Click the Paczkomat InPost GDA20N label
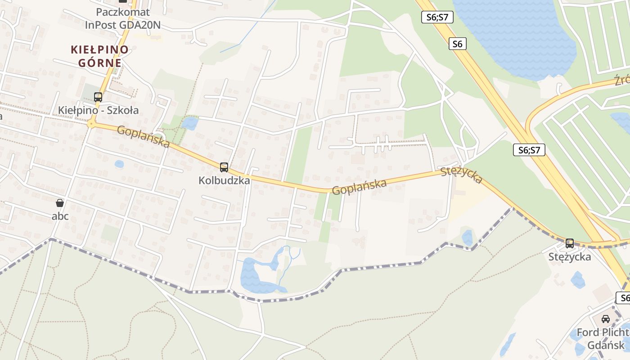click(122, 18)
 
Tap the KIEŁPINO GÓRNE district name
click(99, 56)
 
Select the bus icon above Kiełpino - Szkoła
click(98, 97)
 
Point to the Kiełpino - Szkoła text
click(98, 110)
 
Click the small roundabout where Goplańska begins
click(91, 123)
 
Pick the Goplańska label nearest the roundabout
click(143, 136)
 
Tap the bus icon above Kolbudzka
click(224, 167)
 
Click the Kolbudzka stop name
click(224, 180)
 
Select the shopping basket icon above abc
click(60, 203)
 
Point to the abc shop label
click(60, 216)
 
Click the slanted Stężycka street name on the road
click(462, 175)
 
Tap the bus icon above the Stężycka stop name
click(570, 243)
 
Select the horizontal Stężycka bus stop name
click(570, 257)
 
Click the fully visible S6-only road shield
click(457, 44)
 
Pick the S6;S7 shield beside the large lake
click(437, 18)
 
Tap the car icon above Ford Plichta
click(606, 319)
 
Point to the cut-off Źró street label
click(622, 80)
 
